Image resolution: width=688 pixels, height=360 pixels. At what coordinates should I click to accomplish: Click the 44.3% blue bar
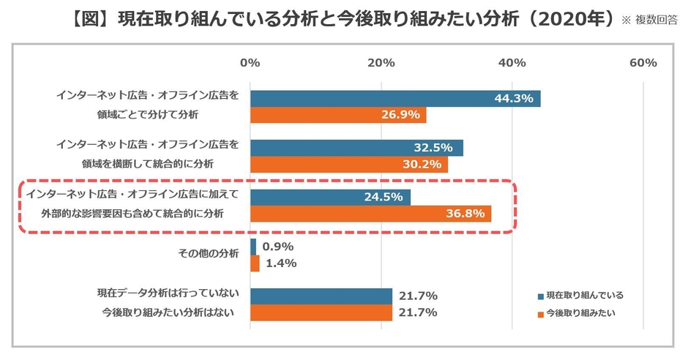(395, 99)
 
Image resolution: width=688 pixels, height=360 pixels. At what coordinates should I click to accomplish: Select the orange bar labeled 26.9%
(338, 116)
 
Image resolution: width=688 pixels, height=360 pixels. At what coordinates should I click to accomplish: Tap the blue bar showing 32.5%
(356, 148)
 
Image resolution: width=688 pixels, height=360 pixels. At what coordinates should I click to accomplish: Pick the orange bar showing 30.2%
(349, 165)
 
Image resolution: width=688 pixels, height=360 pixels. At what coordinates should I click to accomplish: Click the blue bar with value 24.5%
(330, 197)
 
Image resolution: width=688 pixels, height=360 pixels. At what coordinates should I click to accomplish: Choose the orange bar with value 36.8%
(370, 214)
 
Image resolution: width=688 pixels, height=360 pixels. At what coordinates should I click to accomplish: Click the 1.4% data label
(278, 263)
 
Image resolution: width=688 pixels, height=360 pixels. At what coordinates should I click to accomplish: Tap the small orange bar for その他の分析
(255, 263)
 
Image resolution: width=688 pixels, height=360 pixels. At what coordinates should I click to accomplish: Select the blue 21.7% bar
(321, 296)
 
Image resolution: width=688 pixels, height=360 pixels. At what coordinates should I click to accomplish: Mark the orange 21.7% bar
(321, 313)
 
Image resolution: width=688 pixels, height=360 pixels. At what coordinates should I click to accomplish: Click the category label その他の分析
(209, 253)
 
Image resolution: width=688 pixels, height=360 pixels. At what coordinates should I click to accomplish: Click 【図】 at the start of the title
(93, 18)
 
